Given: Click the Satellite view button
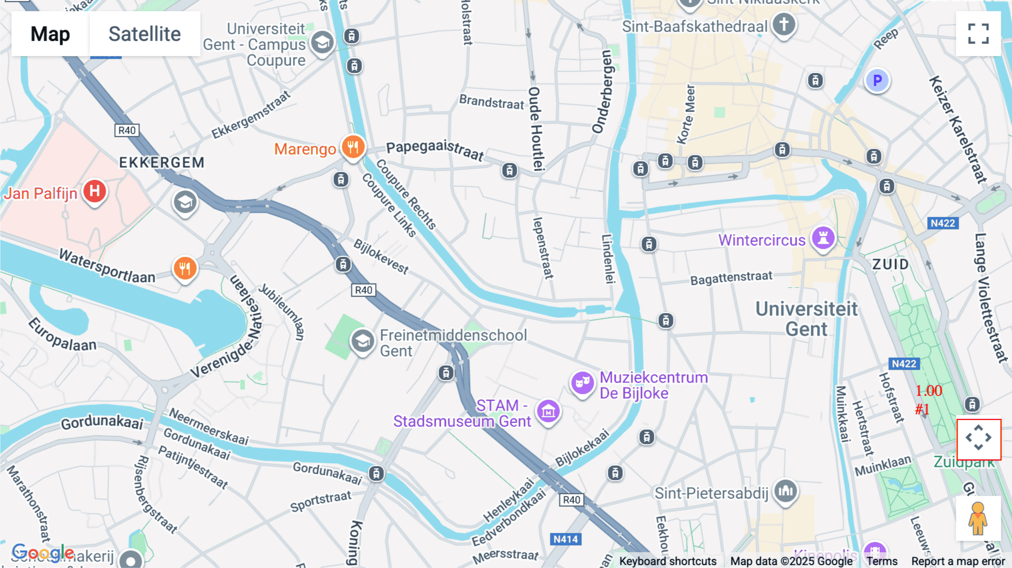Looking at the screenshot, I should [x=144, y=34].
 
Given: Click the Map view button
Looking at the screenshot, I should [x=50, y=34].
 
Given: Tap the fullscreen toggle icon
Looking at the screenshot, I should [x=978, y=34].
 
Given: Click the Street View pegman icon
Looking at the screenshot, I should [x=978, y=518].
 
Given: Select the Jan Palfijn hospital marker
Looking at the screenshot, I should [x=94, y=191].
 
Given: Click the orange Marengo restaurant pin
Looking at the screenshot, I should [x=353, y=147].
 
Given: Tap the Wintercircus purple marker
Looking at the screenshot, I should [x=823, y=238].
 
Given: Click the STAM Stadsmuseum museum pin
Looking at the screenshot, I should [x=548, y=411].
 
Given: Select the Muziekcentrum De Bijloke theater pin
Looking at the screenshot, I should [x=582, y=383].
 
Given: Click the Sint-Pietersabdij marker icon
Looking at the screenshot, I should [x=785, y=491].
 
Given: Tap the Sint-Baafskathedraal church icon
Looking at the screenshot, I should [x=783, y=24].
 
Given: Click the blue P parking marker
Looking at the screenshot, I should [x=877, y=80].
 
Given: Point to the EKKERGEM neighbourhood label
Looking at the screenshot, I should [x=162, y=163].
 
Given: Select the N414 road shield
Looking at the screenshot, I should [x=565, y=539].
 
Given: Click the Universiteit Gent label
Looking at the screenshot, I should [x=806, y=319].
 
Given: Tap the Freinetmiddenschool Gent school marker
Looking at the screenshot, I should [x=363, y=340].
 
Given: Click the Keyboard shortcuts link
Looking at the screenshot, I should [x=667, y=561].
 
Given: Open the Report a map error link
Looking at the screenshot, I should [x=957, y=561].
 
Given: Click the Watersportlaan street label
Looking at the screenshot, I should [x=107, y=266].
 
